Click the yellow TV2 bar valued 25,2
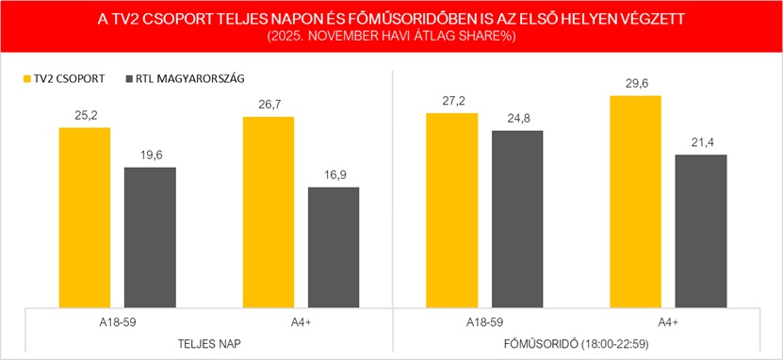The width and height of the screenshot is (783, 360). (x=85, y=217)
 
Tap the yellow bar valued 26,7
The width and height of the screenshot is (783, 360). (x=268, y=212)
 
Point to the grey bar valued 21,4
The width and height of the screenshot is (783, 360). (x=700, y=231)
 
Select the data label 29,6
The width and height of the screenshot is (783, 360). (x=635, y=85)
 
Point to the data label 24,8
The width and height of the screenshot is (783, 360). (x=516, y=120)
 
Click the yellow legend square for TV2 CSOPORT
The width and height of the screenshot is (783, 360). (x=26, y=79)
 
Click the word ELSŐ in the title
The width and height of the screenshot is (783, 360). (x=530, y=18)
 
